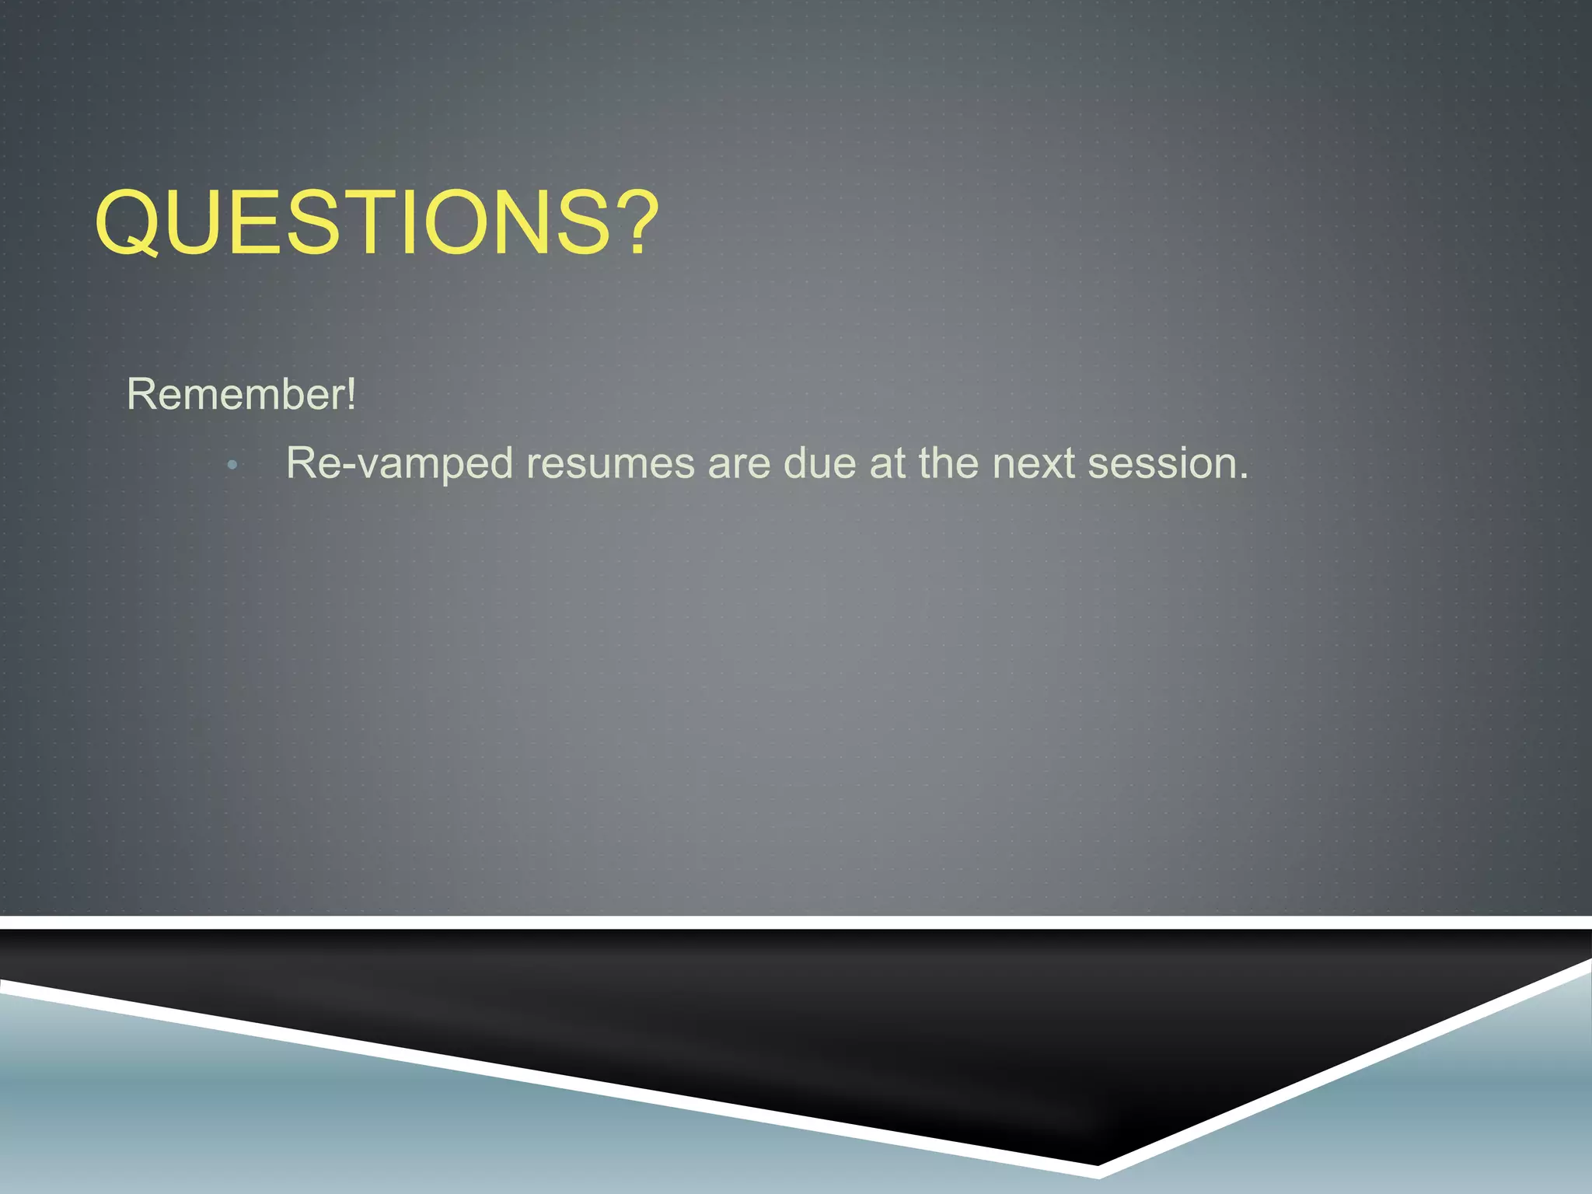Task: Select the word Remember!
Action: [241, 394]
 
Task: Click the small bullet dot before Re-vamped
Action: [232, 466]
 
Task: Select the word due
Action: [819, 464]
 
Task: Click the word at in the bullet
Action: [887, 464]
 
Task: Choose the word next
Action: [1033, 464]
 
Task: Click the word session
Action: [1160, 464]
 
